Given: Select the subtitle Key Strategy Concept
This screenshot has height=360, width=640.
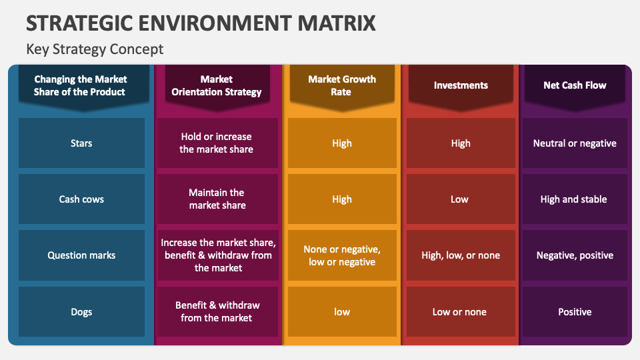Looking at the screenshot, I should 95,49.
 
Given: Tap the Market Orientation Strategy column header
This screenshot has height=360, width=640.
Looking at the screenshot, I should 217,85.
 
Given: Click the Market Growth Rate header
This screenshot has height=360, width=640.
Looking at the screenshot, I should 341,85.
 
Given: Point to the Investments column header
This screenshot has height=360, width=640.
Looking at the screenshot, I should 461,85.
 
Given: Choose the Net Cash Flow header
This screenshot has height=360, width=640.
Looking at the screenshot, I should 575,85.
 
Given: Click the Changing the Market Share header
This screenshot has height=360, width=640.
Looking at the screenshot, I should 81,85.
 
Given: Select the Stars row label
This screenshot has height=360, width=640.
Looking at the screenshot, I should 81,143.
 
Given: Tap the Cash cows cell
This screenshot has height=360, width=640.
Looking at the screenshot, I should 81,199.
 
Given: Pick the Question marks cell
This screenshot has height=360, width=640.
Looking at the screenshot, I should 81,255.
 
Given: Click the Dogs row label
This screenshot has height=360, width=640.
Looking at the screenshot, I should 81,312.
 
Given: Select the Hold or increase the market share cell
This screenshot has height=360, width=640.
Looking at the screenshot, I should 217,143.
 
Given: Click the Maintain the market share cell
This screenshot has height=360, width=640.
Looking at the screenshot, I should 217,199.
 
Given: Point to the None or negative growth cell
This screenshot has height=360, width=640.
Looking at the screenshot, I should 341,255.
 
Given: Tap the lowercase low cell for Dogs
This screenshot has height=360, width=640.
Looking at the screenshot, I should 341,312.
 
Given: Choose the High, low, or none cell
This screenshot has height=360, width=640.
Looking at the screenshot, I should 461,255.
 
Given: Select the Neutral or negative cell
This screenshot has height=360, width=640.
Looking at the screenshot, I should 575,143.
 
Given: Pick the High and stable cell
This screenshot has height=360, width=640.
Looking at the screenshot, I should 575,199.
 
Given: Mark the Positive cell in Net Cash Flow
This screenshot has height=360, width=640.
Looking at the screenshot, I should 575,312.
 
